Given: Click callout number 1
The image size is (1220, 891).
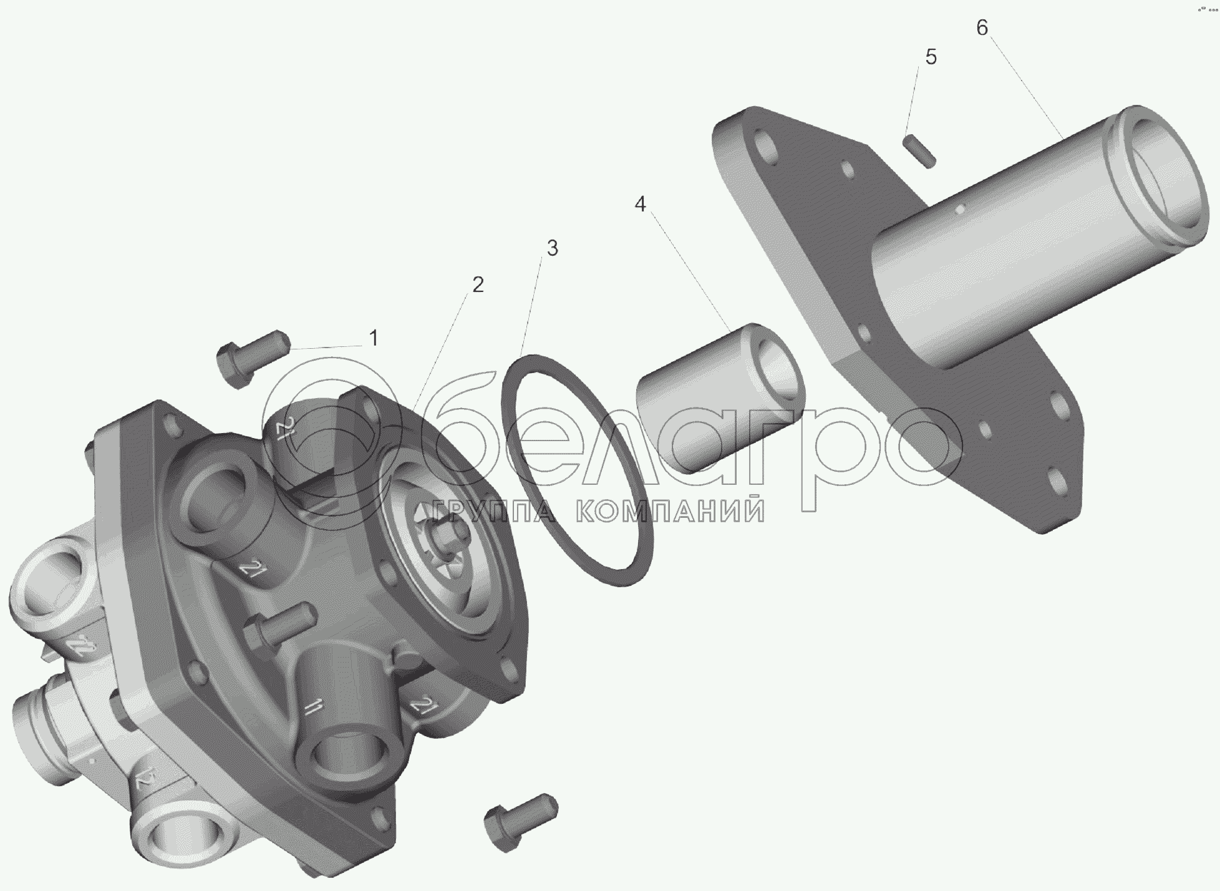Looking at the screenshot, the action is click(x=373, y=339).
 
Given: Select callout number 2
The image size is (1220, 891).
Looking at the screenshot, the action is click(x=477, y=285).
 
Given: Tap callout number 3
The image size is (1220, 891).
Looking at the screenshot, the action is click(x=551, y=248).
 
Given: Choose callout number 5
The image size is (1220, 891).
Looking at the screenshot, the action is click(x=931, y=57).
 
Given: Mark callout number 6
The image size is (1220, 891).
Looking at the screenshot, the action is click(x=982, y=28).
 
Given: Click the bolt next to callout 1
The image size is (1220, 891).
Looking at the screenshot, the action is click(x=251, y=359).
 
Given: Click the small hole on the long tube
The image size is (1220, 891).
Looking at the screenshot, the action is click(x=964, y=207).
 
